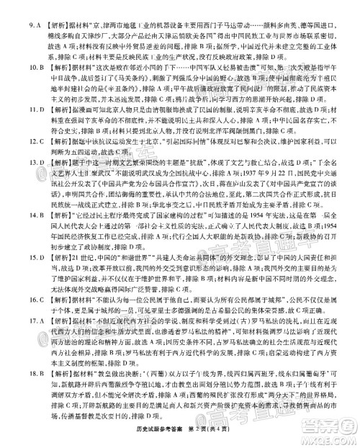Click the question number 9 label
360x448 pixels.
click(x=9, y=8)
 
